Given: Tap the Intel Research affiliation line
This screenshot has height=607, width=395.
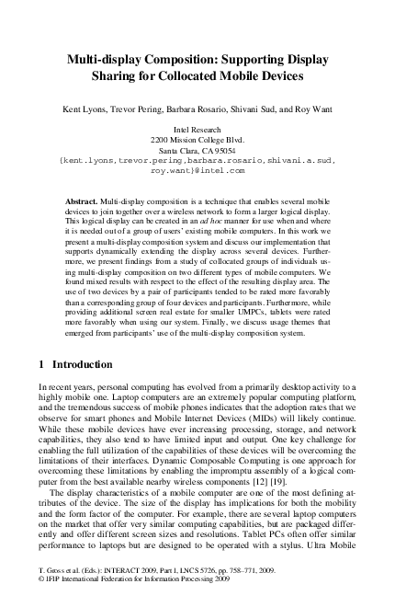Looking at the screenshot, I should (197, 132).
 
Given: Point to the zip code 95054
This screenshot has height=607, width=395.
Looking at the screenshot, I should (220, 151).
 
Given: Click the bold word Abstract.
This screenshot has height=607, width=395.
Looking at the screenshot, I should (83, 200).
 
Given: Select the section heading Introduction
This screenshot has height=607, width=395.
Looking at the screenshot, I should (76, 364).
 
